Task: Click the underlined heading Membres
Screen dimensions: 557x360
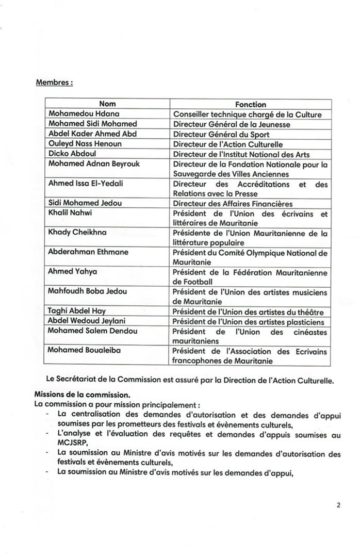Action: click(x=54, y=83)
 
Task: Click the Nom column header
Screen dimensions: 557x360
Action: click(x=107, y=104)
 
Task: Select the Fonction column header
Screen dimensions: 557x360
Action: click(x=251, y=104)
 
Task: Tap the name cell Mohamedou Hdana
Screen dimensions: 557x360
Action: click(x=78, y=114)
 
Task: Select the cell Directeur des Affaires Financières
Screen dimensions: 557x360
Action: click(x=233, y=203)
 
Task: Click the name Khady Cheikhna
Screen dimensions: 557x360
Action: click(x=77, y=233)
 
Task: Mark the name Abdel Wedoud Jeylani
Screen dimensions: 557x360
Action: click(x=88, y=321)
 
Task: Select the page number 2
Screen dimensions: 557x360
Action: click(x=338, y=505)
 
